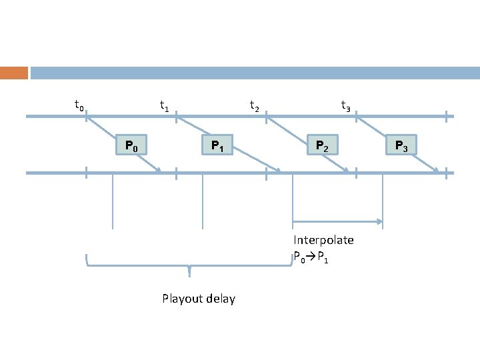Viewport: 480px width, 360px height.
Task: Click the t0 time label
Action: click(79, 105)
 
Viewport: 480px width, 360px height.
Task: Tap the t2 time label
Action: click(255, 105)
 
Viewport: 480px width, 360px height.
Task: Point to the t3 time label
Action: click(345, 105)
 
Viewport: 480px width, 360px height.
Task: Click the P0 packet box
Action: click(131, 144)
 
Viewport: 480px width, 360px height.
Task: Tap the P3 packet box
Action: click(401, 145)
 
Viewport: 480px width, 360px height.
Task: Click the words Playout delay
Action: click(199, 299)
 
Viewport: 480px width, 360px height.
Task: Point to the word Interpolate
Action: click(324, 240)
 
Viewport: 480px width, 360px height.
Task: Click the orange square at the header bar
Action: click(13, 73)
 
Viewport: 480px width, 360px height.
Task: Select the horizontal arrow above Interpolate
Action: click(337, 221)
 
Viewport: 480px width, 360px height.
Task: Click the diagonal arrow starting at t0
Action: click(123, 145)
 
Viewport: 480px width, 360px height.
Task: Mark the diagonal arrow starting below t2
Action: click(307, 145)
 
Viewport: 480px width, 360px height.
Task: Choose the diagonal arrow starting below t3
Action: click(398, 145)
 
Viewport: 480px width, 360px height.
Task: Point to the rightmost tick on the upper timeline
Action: click(447, 116)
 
